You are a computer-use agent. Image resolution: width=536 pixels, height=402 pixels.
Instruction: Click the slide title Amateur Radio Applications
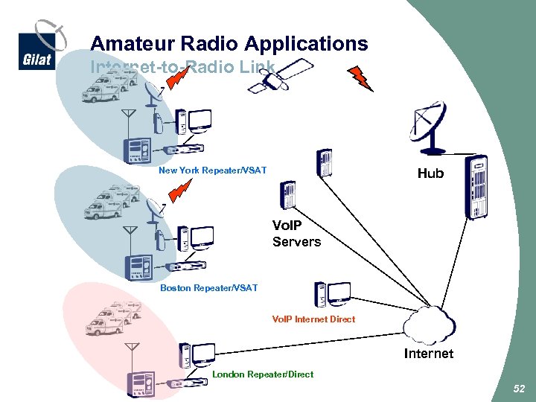(x=229, y=43)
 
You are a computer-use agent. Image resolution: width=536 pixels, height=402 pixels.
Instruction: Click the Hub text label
(x=430, y=173)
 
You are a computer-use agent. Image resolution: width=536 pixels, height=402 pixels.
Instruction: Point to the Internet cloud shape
(x=429, y=325)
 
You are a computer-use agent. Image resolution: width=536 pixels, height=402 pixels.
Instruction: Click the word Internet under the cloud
(x=428, y=354)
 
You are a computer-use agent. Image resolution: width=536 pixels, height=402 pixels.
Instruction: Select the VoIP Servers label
(x=296, y=234)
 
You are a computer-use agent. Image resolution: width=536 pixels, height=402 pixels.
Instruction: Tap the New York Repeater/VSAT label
(x=212, y=170)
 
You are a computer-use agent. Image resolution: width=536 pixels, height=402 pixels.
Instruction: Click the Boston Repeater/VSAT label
(x=208, y=288)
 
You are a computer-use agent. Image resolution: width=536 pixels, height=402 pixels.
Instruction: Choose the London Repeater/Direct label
(x=263, y=374)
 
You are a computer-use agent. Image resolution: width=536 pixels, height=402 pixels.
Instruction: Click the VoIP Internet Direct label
(x=313, y=319)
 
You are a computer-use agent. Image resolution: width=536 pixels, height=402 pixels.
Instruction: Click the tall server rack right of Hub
(x=475, y=188)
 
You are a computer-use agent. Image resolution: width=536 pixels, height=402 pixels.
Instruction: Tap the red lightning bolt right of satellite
(x=362, y=78)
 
